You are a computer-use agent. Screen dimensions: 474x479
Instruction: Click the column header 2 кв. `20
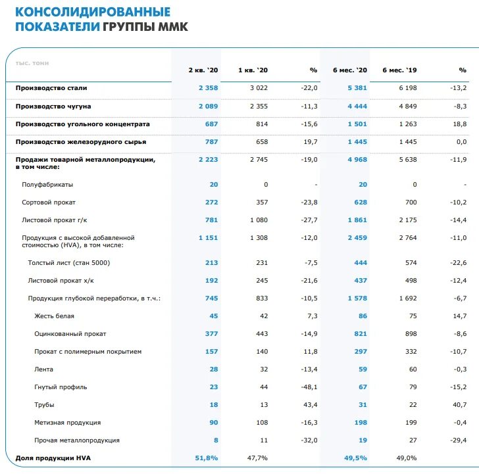(x=203, y=70)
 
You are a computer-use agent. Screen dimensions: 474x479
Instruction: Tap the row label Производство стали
(x=51, y=88)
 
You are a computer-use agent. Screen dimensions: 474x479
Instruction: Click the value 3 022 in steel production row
(x=259, y=88)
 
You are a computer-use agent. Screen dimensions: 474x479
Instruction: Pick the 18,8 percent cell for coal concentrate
(x=459, y=124)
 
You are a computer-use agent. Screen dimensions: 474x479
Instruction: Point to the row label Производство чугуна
(x=53, y=106)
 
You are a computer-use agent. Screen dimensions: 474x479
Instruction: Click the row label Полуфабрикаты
(x=47, y=185)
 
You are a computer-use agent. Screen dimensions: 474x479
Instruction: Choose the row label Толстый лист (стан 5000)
(x=68, y=263)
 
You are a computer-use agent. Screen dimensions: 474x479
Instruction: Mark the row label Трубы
(x=44, y=405)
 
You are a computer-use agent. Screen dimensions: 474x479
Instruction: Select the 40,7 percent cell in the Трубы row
(x=459, y=405)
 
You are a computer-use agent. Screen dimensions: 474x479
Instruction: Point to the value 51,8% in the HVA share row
(x=207, y=458)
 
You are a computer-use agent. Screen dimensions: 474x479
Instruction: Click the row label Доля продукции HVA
(x=49, y=458)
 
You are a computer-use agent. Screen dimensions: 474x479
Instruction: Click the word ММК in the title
(x=173, y=27)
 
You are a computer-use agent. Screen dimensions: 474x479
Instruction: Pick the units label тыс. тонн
(x=32, y=63)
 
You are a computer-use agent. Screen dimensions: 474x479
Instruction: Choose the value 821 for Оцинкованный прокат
(x=359, y=334)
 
